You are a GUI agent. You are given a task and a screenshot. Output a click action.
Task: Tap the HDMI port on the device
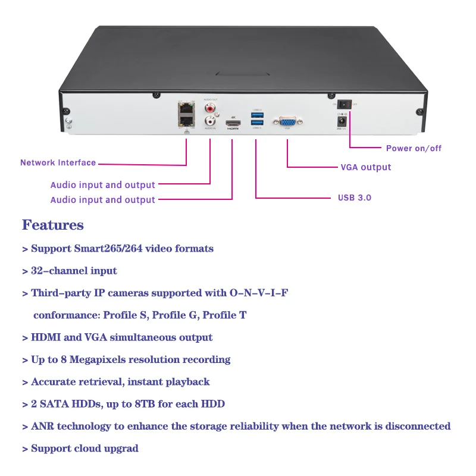tap(232, 124)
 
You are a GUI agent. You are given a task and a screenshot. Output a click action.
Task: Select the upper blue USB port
tap(256, 115)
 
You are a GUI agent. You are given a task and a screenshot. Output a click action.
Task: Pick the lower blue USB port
tap(256, 123)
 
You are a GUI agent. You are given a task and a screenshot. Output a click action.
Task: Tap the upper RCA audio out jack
tap(210, 109)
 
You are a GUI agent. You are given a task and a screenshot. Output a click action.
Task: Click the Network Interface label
tap(58, 162)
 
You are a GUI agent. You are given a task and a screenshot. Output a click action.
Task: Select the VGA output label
tap(365, 167)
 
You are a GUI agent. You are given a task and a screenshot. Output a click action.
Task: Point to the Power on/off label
tap(414, 148)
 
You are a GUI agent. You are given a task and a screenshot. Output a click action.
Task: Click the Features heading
tap(53, 225)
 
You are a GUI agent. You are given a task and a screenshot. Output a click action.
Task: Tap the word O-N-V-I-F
tap(258, 293)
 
